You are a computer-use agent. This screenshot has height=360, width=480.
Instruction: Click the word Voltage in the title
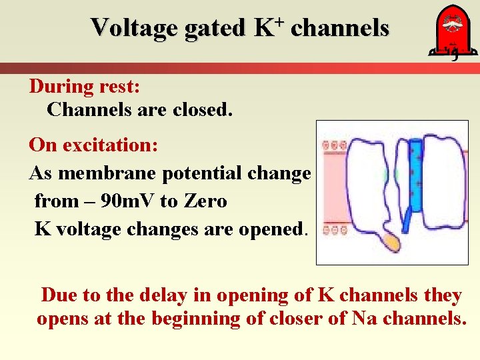click(x=125, y=28)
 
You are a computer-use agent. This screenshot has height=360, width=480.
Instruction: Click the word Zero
click(x=203, y=201)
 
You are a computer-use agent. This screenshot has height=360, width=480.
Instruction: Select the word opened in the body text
click(x=269, y=229)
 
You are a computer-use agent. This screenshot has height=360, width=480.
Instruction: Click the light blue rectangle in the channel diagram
click(x=415, y=177)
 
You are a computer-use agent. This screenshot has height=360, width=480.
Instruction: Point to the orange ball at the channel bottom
click(x=391, y=241)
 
